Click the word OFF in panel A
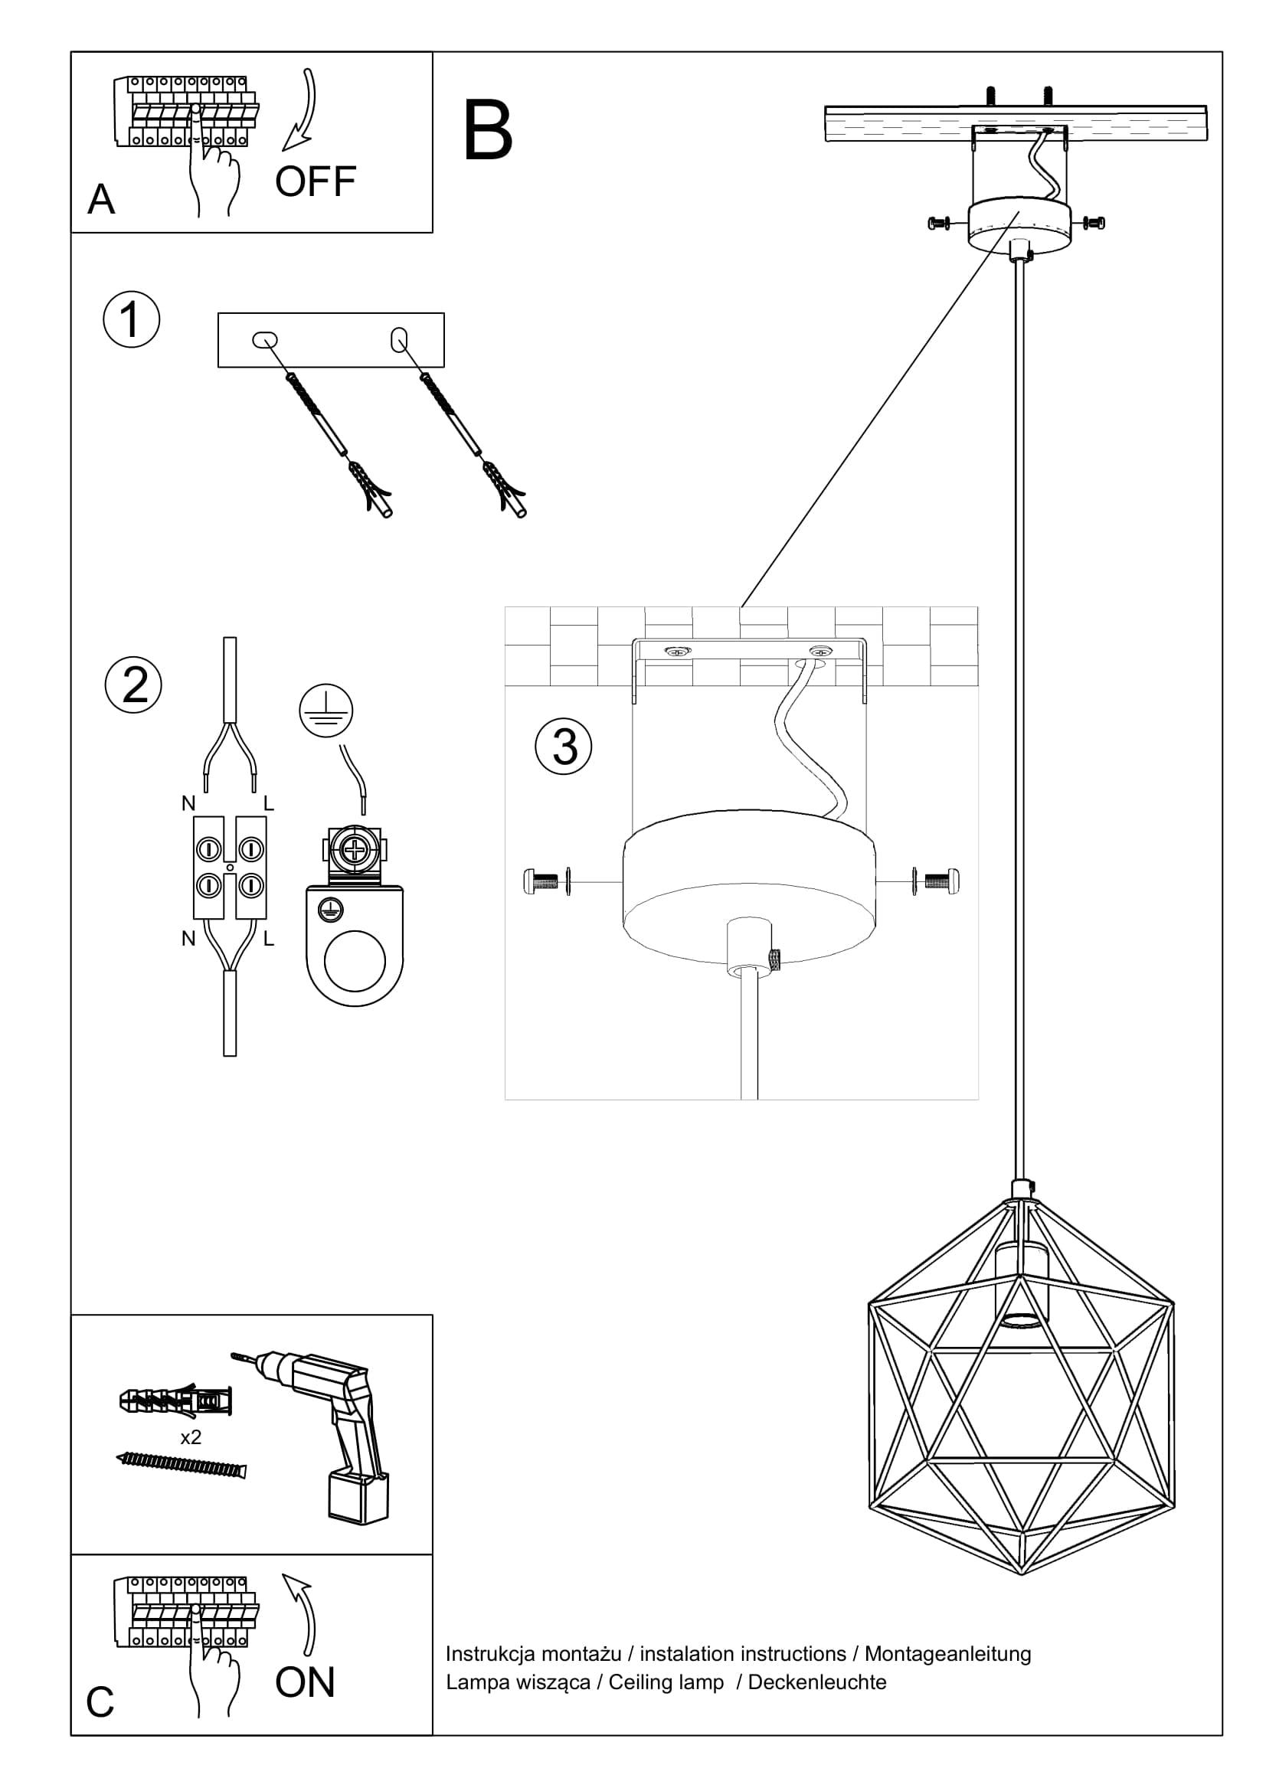(x=315, y=181)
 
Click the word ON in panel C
(x=305, y=1682)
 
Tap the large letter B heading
(x=488, y=131)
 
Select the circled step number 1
(x=131, y=320)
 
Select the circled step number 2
(x=133, y=685)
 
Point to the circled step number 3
(x=563, y=747)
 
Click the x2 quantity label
(x=191, y=1436)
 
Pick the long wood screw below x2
(x=181, y=1464)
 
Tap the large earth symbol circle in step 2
(x=326, y=711)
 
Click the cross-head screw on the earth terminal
(x=355, y=849)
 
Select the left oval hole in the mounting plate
(x=265, y=340)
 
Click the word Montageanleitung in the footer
(x=947, y=1654)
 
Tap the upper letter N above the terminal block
(x=188, y=803)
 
